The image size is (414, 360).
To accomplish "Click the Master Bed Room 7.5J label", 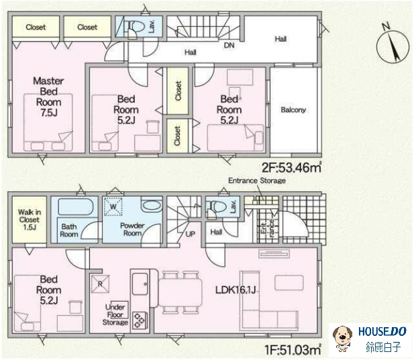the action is point(48,97).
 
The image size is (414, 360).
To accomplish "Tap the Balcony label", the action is point(293,110).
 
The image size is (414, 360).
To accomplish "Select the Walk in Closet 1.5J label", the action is point(30,219).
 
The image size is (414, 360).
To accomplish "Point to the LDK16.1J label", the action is point(236,290).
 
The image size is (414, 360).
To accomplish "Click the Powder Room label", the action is point(132,229).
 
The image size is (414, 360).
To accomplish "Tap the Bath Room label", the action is point(69,230).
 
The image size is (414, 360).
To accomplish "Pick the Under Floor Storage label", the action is point(115,314).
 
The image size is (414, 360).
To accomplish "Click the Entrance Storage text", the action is point(257,180).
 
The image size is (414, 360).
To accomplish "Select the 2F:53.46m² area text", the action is point(291,167).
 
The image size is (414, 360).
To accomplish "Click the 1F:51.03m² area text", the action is point(293,350).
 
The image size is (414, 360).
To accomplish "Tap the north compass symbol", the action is point(393,44).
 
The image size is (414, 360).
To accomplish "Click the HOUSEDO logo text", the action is point(382,332).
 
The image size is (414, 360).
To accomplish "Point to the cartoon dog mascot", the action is point(342,339).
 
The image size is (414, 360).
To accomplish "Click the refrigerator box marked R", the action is point(100,284).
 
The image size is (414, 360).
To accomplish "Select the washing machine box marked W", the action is point(113,206).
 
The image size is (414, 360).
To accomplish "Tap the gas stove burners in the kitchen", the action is point(139,320).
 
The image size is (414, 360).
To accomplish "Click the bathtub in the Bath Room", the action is point(76,206).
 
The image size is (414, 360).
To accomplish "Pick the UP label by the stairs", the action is point(191,234).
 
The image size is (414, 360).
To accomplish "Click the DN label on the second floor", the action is point(229,46).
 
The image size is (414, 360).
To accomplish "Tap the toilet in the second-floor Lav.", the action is point(136,27).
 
